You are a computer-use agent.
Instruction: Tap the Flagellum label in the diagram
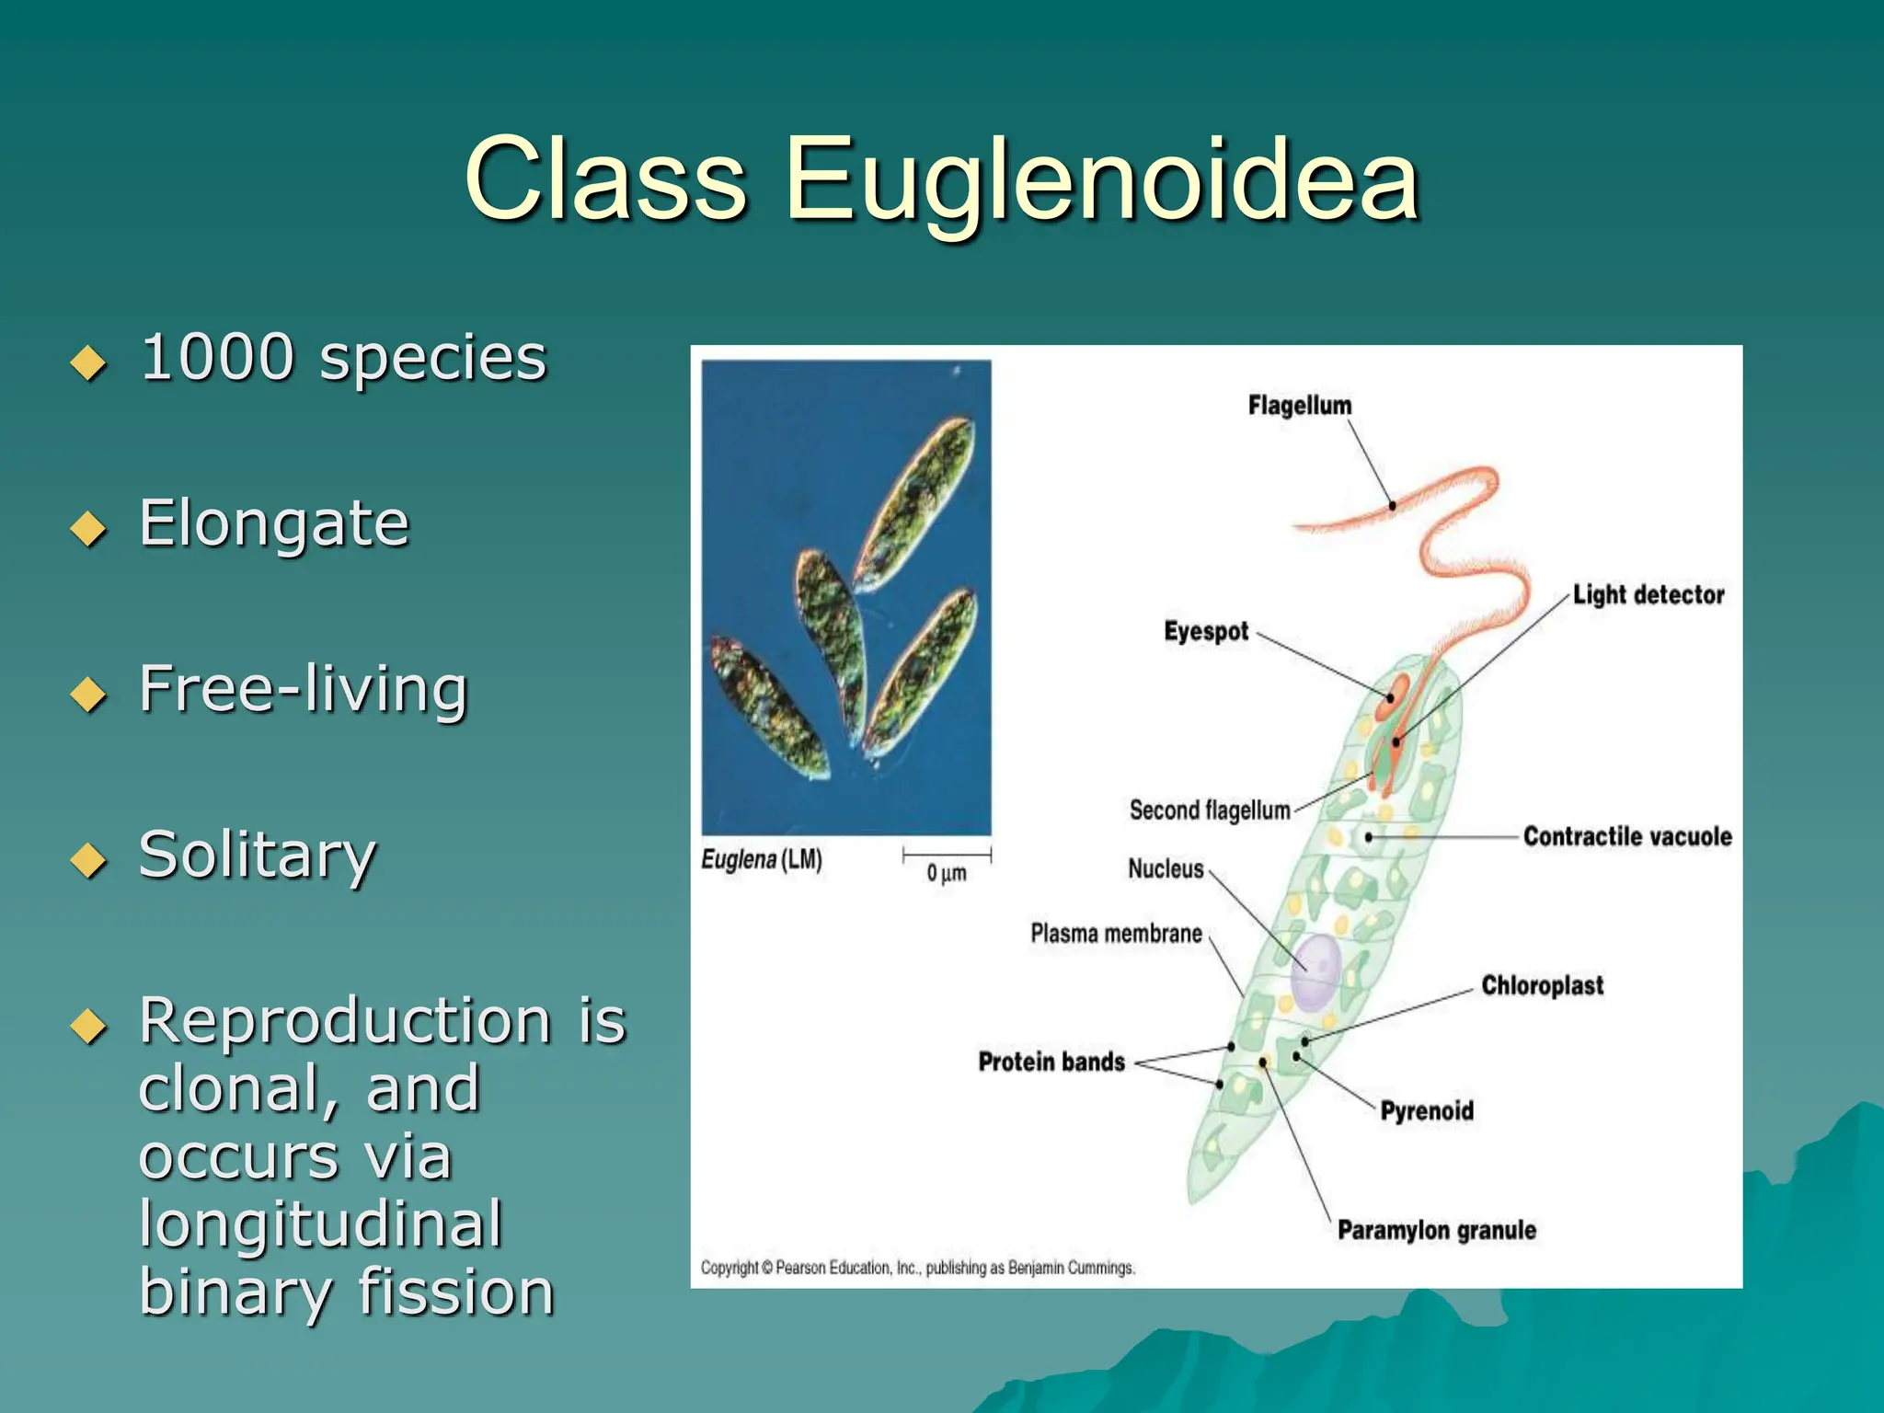pyautogui.click(x=1299, y=406)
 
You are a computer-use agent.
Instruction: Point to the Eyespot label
pyautogui.click(x=1205, y=632)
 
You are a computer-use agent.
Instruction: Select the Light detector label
pyautogui.click(x=1648, y=595)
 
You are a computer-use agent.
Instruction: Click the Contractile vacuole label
pyautogui.click(x=1626, y=836)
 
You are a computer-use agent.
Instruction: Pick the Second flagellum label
pyautogui.click(x=1209, y=810)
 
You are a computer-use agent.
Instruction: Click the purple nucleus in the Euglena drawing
pyautogui.click(x=1315, y=973)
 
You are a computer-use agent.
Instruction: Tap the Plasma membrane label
pyautogui.click(x=1115, y=934)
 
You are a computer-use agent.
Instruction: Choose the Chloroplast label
pyautogui.click(x=1542, y=986)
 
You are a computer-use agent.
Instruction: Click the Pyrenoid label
pyautogui.click(x=1426, y=1111)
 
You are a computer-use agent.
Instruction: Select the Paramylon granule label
pyautogui.click(x=1436, y=1231)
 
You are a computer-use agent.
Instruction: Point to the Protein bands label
pyautogui.click(x=1051, y=1063)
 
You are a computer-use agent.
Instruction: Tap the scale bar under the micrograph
pyautogui.click(x=947, y=855)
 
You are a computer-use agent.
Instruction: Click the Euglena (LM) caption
pyautogui.click(x=762, y=860)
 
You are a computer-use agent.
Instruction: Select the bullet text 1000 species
pyautogui.click(x=343, y=358)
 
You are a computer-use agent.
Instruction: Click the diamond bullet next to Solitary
pyautogui.click(x=88, y=860)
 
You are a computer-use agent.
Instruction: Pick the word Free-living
pyautogui.click(x=304, y=689)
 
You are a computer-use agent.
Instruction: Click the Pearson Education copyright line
pyautogui.click(x=917, y=1268)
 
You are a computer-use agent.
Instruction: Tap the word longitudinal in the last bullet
pyautogui.click(x=320, y=1224)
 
